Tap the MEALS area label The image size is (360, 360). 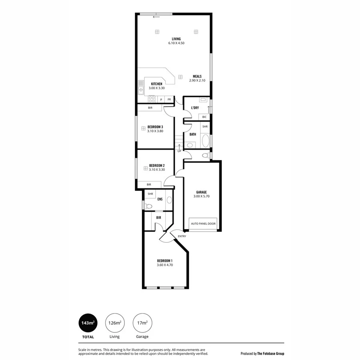197,76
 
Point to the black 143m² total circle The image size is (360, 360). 88,323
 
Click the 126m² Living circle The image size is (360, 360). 114,323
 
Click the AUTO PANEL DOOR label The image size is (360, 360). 203,224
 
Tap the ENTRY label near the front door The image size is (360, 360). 182,236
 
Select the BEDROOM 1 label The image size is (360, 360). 164,260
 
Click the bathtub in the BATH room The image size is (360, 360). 205,141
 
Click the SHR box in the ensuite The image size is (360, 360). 150,194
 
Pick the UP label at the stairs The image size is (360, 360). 179,151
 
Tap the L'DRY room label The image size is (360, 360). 195,108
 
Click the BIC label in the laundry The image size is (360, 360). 204,117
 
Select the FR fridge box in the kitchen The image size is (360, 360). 169,99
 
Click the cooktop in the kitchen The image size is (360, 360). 152,99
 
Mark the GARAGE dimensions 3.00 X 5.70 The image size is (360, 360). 201,196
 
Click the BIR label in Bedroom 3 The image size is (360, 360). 150,108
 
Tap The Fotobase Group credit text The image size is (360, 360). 262,354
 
